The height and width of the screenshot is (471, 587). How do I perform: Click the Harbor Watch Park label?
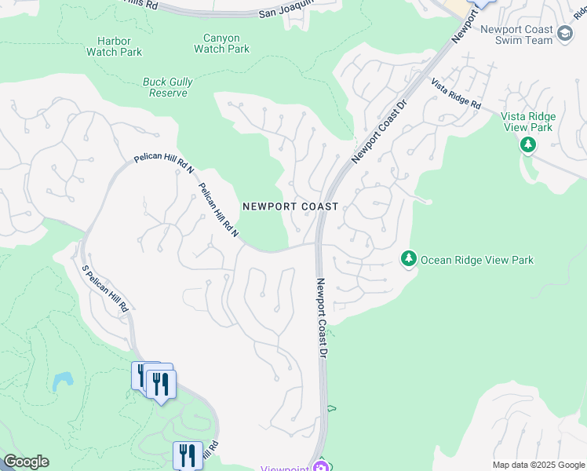tap(114, 46)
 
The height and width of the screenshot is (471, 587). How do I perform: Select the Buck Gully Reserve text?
tap(168, 87)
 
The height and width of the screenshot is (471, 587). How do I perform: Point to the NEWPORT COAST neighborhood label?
tap(290, 206)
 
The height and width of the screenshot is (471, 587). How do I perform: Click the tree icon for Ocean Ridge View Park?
tap(408, 258)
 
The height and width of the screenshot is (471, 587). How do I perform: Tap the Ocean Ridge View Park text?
tap(477, 260)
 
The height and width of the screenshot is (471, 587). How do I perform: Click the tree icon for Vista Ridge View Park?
tap(527, 144)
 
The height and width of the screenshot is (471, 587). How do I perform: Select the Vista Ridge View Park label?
tap(527, 122)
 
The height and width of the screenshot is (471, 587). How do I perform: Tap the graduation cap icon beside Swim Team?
tap(566, 31)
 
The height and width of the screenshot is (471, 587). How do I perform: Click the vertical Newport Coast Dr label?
tap(321, 318)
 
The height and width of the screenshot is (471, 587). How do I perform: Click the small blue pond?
tap(63, 382)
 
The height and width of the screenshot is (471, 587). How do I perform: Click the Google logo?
tap(26, 462)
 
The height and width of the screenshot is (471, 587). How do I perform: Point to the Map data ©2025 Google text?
tap(538, 465)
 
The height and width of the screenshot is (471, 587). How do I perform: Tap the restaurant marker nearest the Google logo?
tap(188, 455)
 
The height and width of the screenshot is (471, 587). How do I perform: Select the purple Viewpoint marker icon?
tap(320, 466)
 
